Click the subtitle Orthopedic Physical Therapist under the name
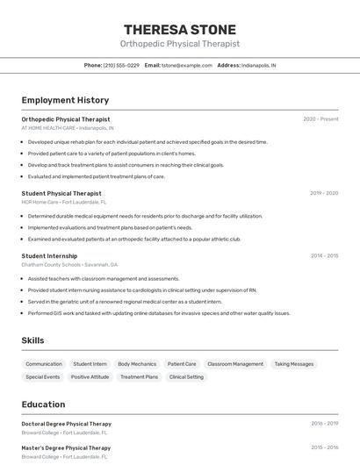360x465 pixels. (180, 43)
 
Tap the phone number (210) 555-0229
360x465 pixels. (121, 65)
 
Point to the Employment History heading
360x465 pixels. (65, 100)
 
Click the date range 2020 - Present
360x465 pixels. (320, 118)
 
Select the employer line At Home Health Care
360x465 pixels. (67, 127)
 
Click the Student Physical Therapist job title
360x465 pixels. (61, 193)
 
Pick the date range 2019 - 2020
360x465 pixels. (324, 193)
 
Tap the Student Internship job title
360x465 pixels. (50, 255)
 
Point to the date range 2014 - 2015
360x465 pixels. (324, 255)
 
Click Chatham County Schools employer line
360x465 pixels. (69, 264)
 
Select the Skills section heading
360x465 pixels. (32, 340)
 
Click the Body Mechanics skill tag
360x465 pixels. (137, 363)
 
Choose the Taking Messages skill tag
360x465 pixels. (293, 363)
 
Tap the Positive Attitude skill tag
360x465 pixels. (90, 376)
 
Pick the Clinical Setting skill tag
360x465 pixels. (186, 376)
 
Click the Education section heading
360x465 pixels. (43, 404)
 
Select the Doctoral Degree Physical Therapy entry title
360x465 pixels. (67, 424)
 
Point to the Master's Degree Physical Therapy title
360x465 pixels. (66, 448)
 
